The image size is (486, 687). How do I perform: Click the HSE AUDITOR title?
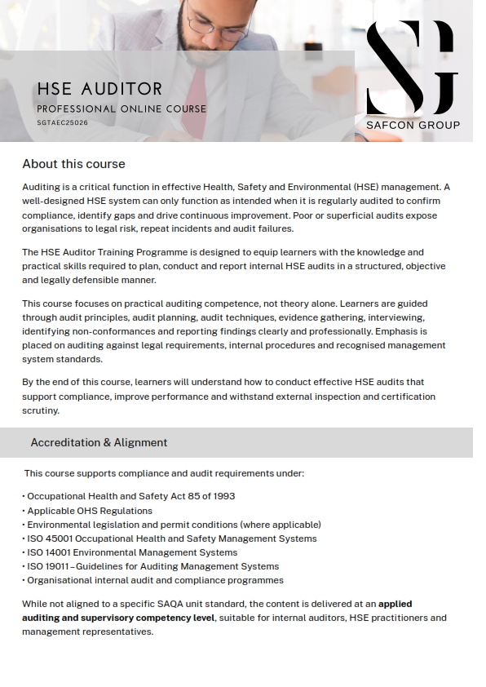point(99,89)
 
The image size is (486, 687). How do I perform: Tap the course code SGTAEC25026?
point(62,123)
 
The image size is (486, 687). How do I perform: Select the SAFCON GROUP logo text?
point(413,125)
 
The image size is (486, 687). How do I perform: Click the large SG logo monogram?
point(411,68)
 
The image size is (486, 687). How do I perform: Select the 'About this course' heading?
point(73,164)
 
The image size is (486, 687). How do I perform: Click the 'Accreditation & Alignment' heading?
point(99,442)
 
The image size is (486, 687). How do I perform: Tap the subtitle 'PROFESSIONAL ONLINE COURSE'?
point(121,109)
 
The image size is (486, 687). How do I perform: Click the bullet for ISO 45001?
point(171,539)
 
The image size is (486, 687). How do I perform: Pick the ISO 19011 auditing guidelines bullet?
point(152,566)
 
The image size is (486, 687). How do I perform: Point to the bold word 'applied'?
point(395,604)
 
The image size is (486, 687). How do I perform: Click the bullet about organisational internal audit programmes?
point(155,580)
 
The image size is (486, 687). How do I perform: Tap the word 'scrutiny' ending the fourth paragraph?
point(41,410)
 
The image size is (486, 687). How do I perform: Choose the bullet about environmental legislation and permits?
point(174,525)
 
